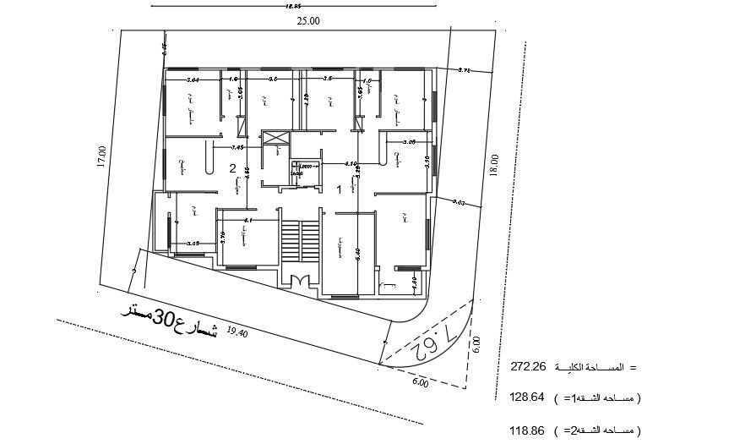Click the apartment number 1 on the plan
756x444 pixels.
[340, 189]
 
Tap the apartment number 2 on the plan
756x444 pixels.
[232, 168]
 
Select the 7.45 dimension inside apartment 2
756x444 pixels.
[237, 147]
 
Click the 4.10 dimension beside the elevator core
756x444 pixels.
[351, 163]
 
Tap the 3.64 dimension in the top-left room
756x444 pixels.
[192, 79]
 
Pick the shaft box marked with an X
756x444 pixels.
[275, 140]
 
